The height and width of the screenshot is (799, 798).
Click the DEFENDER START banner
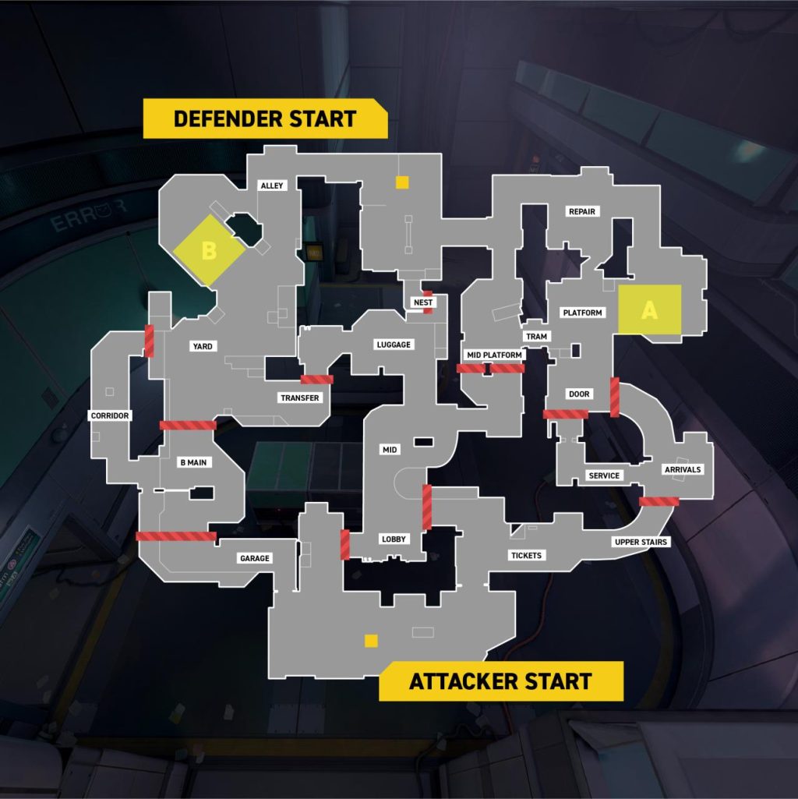pos(264,119)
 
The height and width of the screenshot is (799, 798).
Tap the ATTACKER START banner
pos(500,681)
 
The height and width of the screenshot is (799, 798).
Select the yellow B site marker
pos(209,251)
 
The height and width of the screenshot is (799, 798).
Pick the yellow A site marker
pos(650,309)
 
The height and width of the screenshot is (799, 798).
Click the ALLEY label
pos(273,186)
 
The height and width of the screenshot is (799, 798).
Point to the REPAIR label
pos(582,211)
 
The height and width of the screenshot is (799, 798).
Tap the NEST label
pos(424,302)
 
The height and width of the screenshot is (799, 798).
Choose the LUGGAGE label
pos(393,345)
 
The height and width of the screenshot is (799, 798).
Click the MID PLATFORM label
pos(494,355)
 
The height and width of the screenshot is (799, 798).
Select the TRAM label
pos(537,336)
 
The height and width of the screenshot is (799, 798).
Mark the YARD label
pos(203,346)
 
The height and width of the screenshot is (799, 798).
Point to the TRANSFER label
pos(300,398)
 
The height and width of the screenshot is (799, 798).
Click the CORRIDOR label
pos(110,415)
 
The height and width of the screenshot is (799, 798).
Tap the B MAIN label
pos(193,463)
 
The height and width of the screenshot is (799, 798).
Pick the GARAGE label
pos(255,558)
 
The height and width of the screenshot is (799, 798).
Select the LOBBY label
pos(393,539)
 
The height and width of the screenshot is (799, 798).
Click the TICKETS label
pos(525,555)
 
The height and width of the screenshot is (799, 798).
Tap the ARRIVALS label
pos(683,469)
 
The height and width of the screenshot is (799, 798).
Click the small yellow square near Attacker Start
pos(371,641)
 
